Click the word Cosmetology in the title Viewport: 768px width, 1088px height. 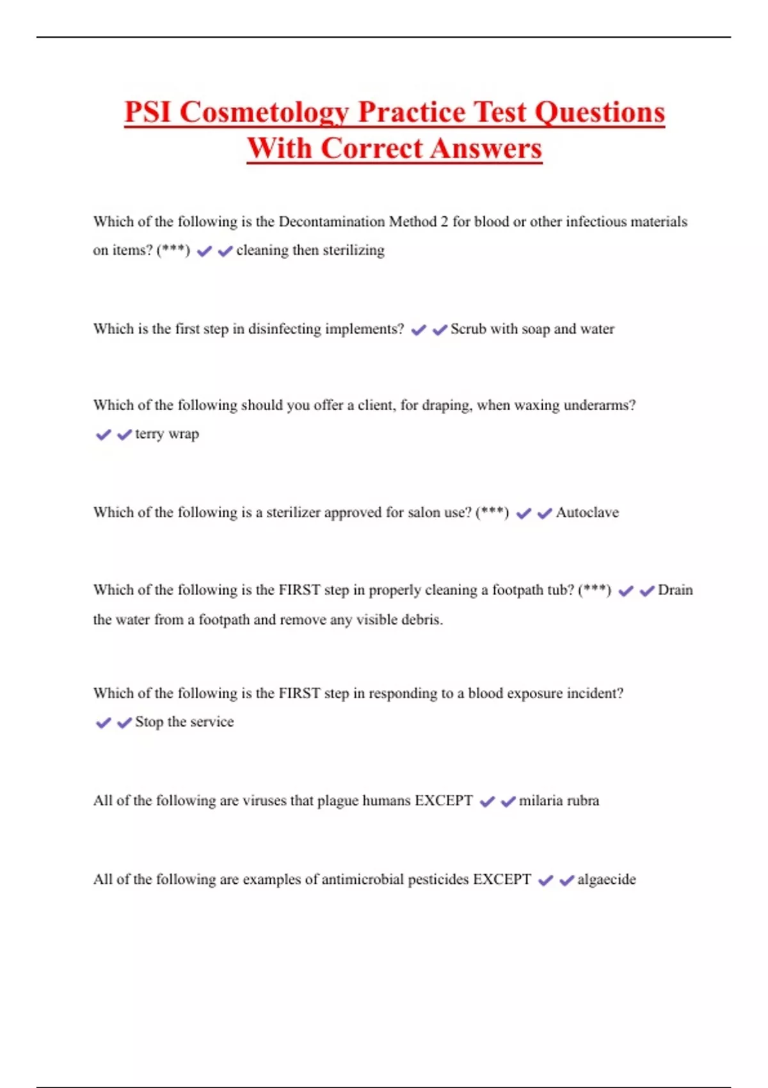pyautogui.click(x=264, y=113)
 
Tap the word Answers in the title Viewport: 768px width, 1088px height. pyautogui.click(x=486, y=149)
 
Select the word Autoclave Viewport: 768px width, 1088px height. pyautogui.click(x=587, y=513)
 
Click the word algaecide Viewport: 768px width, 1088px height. pyautogui.click(x=606, y=879)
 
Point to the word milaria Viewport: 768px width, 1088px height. pyautogui.click(x=540, y=801)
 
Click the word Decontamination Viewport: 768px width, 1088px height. pyautogui.click(x=332, y=222)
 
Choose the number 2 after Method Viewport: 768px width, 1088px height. pyautogui.click(x=444, y=222)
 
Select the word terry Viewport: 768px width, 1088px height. pyautogui.click(x=149, y=434)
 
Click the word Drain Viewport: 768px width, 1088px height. pyautogui.click(x=675, y=590)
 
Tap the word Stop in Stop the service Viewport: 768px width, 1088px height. pyautogui.click(x=148, y=722)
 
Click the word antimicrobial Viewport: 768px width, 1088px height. pyautogui.click(x=362, y=879)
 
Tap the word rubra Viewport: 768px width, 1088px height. pyautogui.click(x=582, y=801)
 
